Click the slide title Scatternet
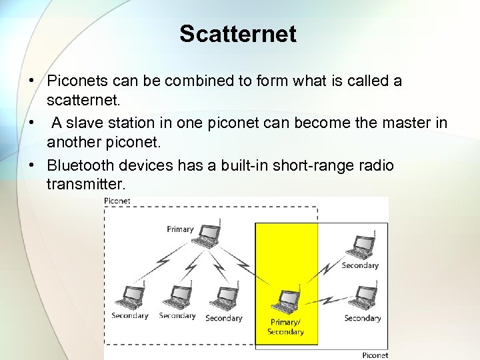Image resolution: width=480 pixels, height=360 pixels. [237, 34]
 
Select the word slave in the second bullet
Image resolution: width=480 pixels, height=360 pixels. [100, 123]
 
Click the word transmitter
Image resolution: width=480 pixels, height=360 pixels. [86, 183]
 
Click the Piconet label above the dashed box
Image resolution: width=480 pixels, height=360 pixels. [117, 201]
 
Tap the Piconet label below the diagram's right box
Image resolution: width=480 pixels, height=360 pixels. [375, 355]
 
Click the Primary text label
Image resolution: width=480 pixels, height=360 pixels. [180, 229]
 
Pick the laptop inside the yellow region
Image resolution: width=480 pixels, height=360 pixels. [287, 301]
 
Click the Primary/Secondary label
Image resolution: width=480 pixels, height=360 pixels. [285, 327]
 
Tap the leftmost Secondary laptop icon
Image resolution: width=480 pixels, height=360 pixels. [129, 297]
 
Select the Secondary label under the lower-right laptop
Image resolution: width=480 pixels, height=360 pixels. [362, 318]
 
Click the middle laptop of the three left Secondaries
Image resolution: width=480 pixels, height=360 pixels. [177, 297]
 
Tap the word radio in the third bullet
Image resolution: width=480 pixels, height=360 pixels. [376, 165]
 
